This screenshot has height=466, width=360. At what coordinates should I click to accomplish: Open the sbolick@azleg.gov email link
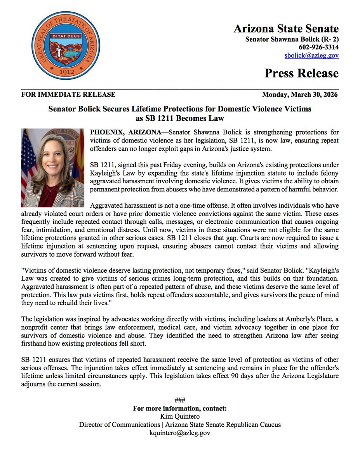[311, 56]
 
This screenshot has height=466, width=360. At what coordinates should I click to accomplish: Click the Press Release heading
[301, 73]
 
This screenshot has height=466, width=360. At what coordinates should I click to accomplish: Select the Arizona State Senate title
[286, 29]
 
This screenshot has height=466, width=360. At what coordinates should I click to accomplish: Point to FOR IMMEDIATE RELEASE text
[68, 94]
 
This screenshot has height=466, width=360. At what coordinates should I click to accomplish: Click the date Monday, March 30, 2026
[300, 94]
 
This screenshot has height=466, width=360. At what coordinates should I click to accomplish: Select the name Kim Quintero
[180, 417]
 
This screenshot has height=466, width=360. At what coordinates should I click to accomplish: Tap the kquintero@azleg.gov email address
[180, 433]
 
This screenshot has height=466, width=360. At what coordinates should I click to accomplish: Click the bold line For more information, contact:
[180, 409]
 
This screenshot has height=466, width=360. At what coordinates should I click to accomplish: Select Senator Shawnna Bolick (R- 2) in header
[292, 39]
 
